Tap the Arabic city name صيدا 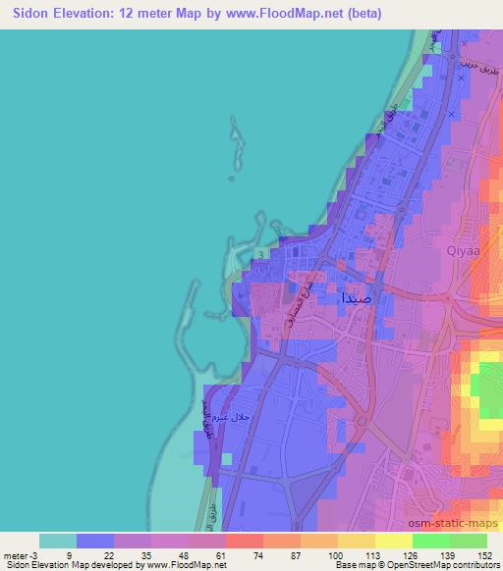tap(356, 295)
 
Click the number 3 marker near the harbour tap(260, 254)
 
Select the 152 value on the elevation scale tap(483, 554)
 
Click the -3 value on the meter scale tap(32, 554)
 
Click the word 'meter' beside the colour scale tap(14, 554)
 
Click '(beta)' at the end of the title tap(361, 14)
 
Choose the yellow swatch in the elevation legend tap(393, 541)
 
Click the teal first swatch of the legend tap(58, 541)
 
